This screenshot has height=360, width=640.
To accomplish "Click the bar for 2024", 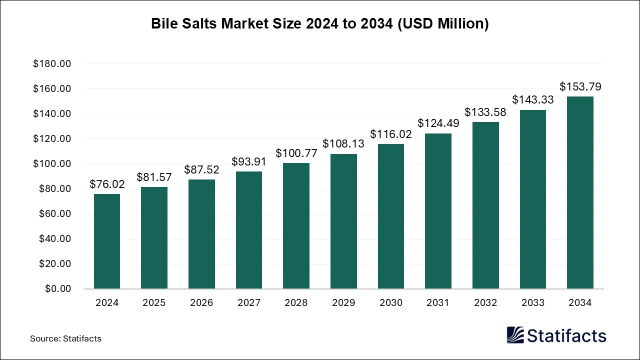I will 107,241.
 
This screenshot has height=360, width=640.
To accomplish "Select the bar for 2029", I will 343,221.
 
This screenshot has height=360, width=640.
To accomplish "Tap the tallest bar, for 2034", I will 580,192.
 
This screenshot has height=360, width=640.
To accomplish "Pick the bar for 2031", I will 438,211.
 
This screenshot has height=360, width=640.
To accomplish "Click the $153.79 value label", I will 580,87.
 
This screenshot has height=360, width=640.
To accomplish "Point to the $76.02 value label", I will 107,184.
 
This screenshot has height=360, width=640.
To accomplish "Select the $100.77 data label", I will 296,153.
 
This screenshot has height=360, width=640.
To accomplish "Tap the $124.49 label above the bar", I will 438,123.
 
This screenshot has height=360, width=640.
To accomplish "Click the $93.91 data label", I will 249,161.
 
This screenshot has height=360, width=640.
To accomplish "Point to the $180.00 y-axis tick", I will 52,64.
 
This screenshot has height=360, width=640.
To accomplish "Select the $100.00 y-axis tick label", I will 52,164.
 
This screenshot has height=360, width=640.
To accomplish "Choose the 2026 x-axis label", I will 201,303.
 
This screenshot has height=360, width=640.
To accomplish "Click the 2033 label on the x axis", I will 532,303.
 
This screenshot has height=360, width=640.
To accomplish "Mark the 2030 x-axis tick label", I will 390,303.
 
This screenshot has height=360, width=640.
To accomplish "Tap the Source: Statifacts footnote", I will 65,338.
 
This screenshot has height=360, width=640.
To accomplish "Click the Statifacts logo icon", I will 515,335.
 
